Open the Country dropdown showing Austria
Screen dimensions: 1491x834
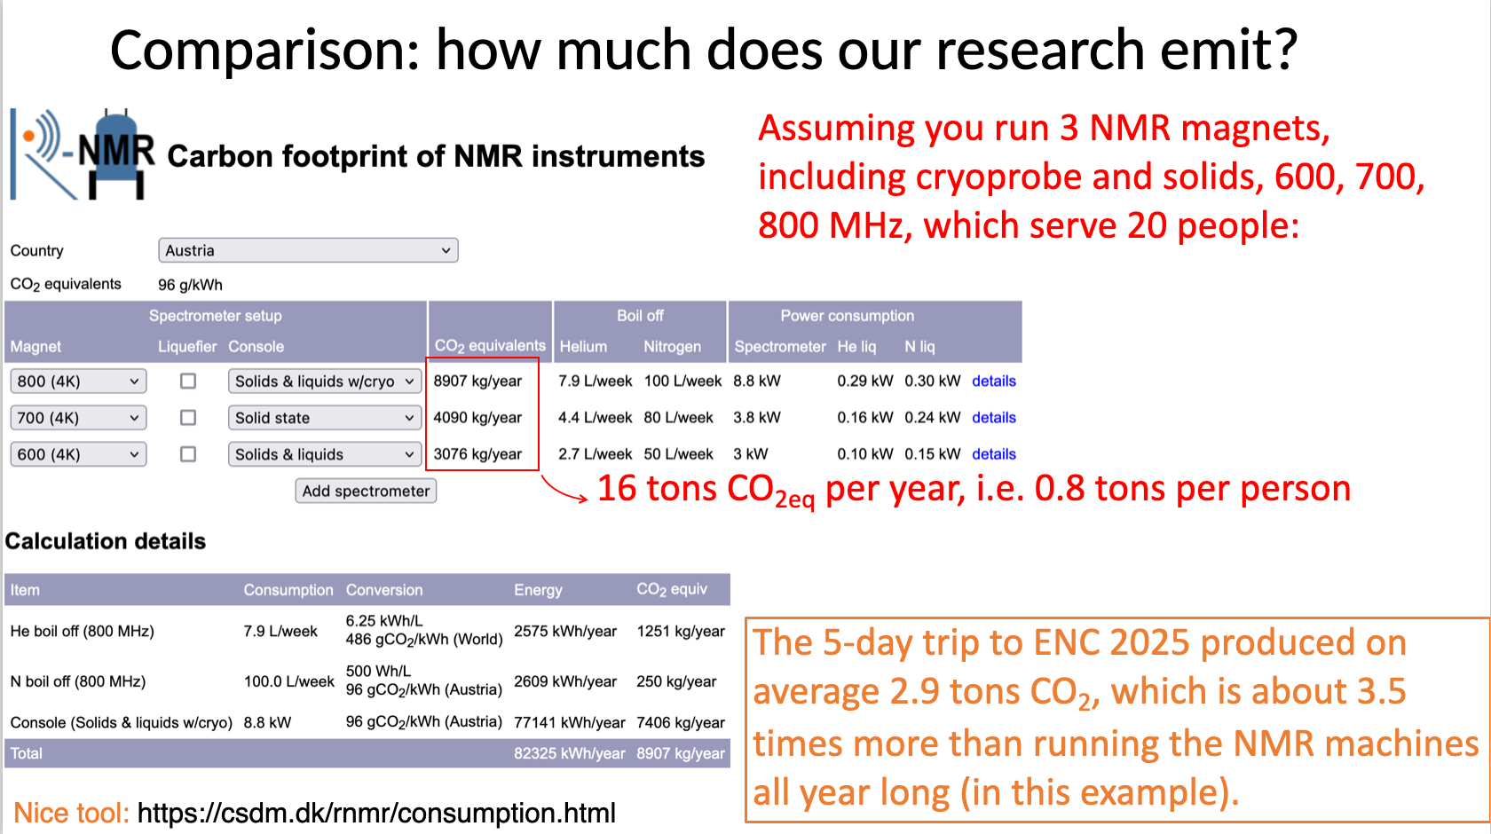(308, 250)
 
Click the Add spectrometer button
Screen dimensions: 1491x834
(366, 492)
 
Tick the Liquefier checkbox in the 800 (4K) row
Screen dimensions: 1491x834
(188, 381)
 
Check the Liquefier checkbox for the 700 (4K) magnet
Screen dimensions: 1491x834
(188, 417)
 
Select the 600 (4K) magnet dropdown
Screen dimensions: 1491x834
(78, 454)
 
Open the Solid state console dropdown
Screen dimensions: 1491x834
(325, 417)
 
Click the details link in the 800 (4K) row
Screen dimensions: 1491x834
(994, 381)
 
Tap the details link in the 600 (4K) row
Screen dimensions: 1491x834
(994, 454)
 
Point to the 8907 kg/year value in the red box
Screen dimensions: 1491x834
(477, 381)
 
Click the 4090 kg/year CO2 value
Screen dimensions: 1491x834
(477, 417)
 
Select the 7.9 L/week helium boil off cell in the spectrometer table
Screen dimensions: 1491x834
(595, 381)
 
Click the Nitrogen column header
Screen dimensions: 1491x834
(673, 346)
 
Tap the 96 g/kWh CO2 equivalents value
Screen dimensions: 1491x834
(190, 285)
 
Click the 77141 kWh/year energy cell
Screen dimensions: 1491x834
(569, 722)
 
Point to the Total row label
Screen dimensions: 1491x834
(26, 752)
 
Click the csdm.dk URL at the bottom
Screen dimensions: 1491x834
(376, 813)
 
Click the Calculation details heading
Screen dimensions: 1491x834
(105, 541)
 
